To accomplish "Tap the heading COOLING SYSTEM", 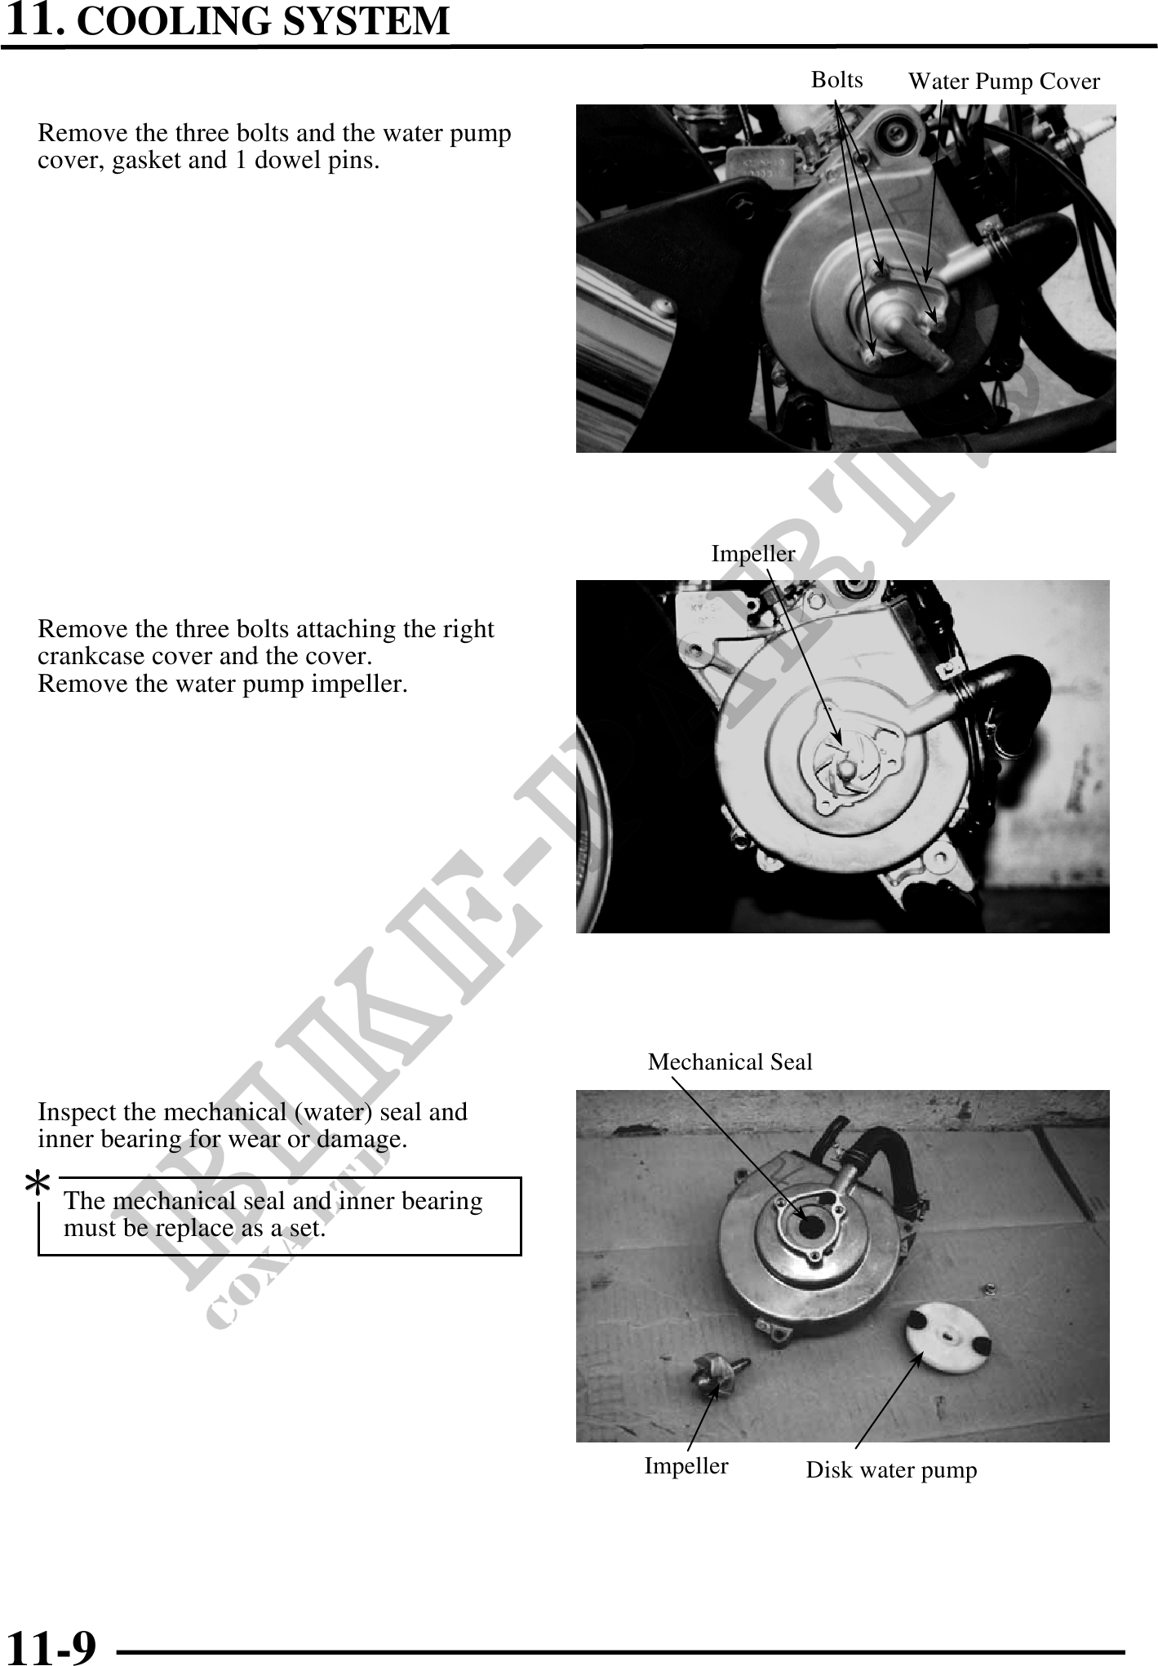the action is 263,21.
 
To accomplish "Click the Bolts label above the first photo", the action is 837,80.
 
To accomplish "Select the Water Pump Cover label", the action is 1004,82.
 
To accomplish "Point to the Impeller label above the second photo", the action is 753,554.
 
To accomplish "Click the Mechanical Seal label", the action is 730,1062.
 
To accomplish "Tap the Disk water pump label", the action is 891,1471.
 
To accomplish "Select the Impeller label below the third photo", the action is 686,1466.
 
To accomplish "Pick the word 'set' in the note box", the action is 307,1228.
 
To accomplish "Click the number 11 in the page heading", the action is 32,20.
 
